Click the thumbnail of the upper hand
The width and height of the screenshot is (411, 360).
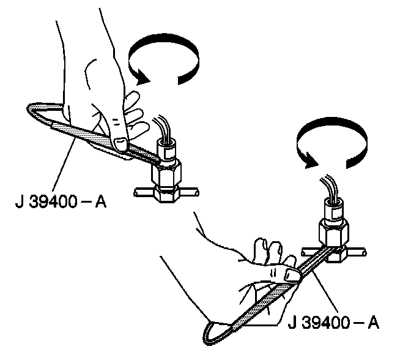tap(120, 143)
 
